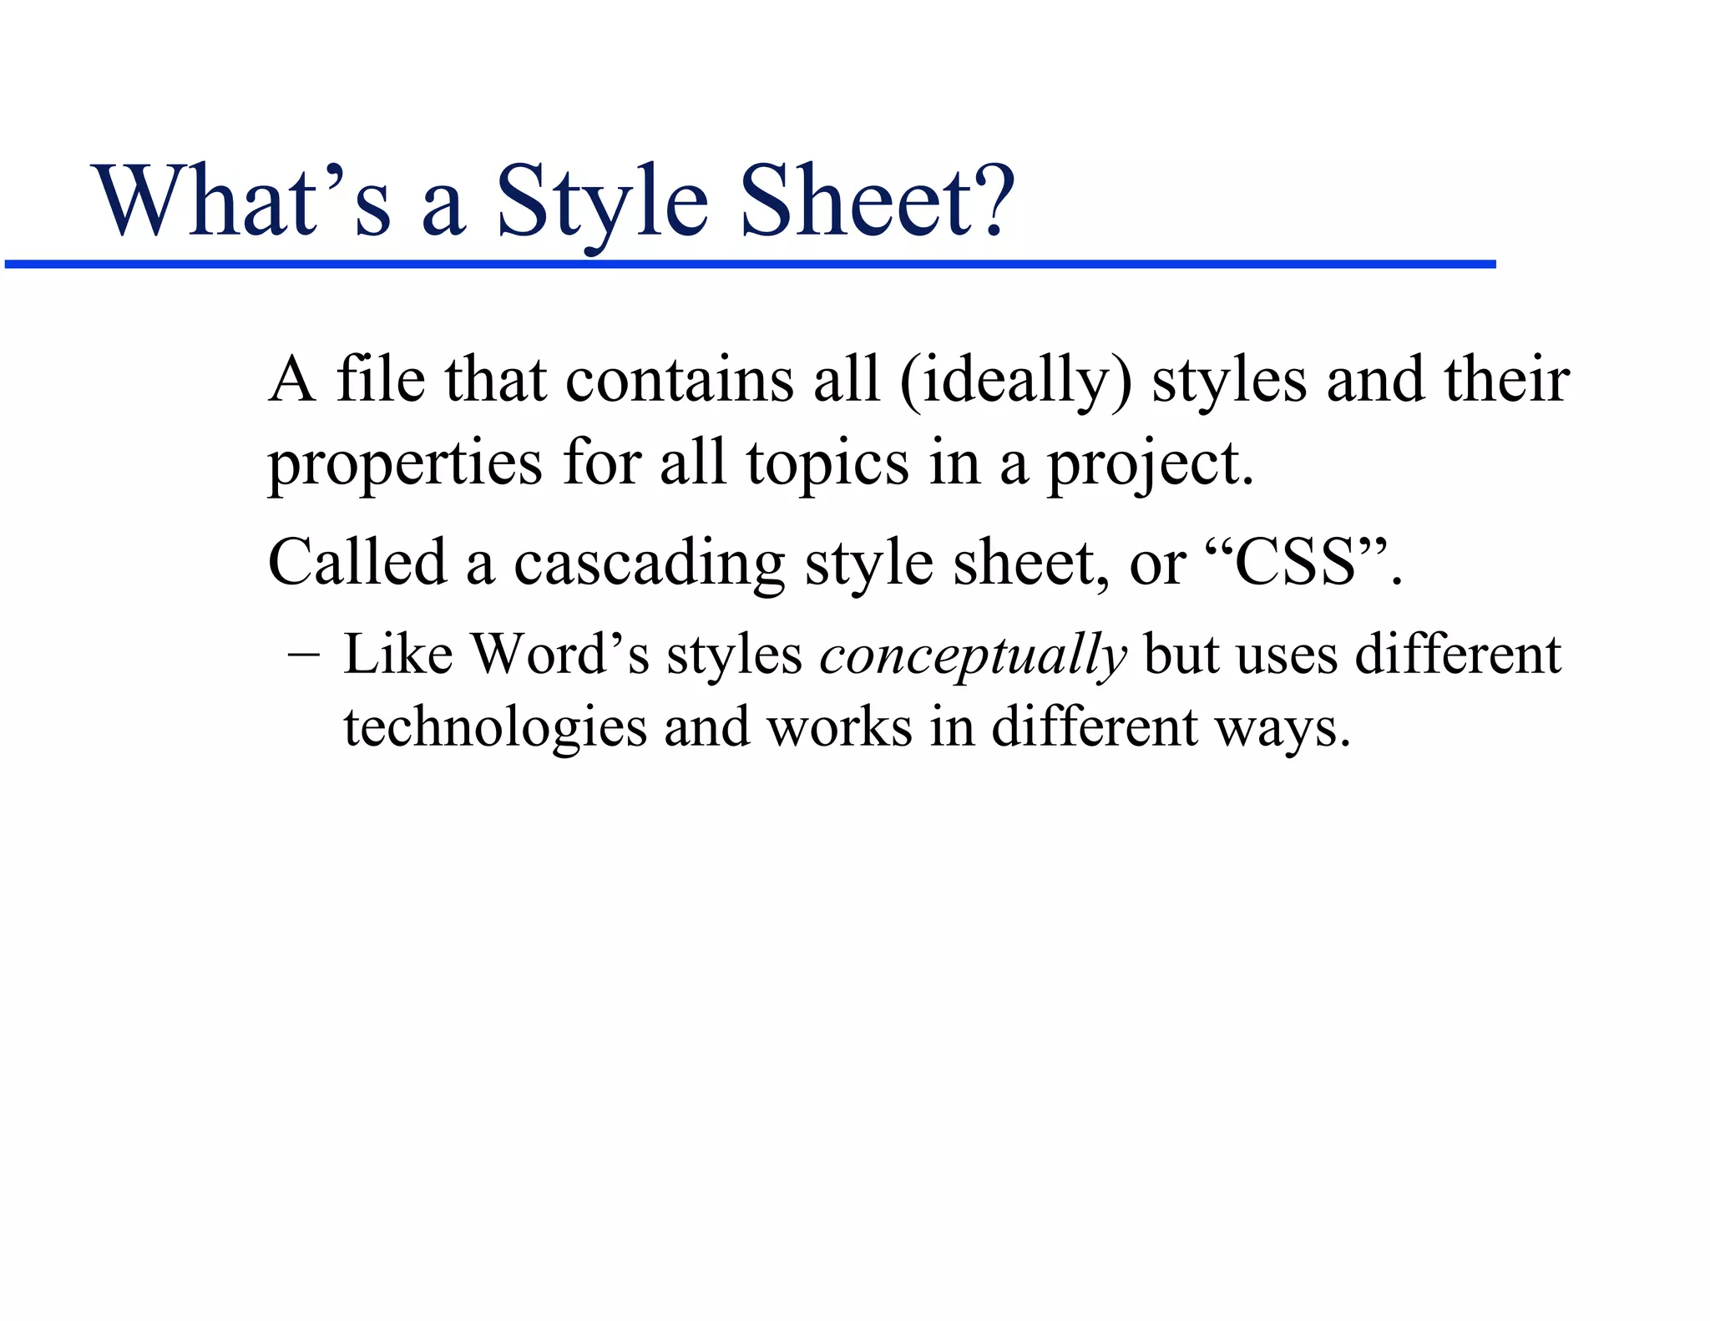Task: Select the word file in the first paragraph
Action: [x=380, y=380]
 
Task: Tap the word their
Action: [x=1507, y=380]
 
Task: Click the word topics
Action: [x=827, y=465]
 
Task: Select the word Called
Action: [x=357, y=562]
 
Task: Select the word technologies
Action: [x=495, y=727]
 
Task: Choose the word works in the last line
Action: [x=839, y=727]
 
